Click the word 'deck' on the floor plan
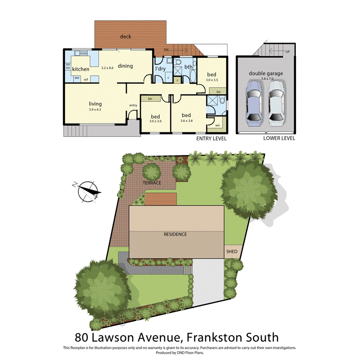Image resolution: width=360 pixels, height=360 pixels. click(126, 37)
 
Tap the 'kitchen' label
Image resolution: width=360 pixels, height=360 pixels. click(81, 69)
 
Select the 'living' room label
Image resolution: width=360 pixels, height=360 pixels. click(95, 104)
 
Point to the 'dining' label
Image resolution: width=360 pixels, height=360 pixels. click(126, 66)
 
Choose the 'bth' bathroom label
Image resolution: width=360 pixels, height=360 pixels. click(188, 67)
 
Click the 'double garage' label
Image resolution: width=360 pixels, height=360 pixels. click(266, 73)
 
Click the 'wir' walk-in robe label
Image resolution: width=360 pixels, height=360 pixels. click(212, 126)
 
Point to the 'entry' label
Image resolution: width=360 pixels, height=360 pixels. click(133, 105)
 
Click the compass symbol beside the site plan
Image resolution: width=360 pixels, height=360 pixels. click(88, 191)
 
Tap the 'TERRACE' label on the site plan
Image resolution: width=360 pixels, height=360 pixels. click(151, 183)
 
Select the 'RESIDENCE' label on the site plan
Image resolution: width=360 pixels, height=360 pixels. click(175, 234)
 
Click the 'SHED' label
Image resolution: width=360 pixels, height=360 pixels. click(232, 252)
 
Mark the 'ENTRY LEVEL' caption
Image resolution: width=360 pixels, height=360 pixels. click(211, 138)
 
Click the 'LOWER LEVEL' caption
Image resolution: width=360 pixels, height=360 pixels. click(279, 138)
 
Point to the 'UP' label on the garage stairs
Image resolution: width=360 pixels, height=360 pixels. click(287, 51)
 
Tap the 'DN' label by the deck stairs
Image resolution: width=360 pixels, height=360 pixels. click(166, 50)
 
